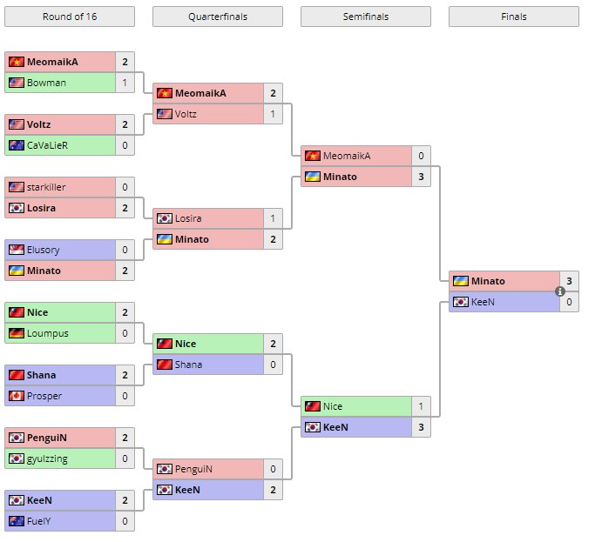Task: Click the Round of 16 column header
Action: coord(70,17)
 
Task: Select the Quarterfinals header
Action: coord(218,17)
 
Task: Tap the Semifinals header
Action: coord(366,17)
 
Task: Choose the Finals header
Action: coord(514,17)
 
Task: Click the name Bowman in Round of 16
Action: coord(45,83)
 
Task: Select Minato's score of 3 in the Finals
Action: coord(569,281)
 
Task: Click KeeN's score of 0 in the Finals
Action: coord(569,302)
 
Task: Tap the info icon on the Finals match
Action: coord(560,291)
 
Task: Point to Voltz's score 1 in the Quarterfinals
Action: coord(273,114)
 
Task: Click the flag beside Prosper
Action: coord(16,396)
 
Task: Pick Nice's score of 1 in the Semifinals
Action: coord(421,406)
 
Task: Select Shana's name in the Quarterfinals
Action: coord(188,365)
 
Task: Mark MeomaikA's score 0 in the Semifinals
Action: coord(421,156)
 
